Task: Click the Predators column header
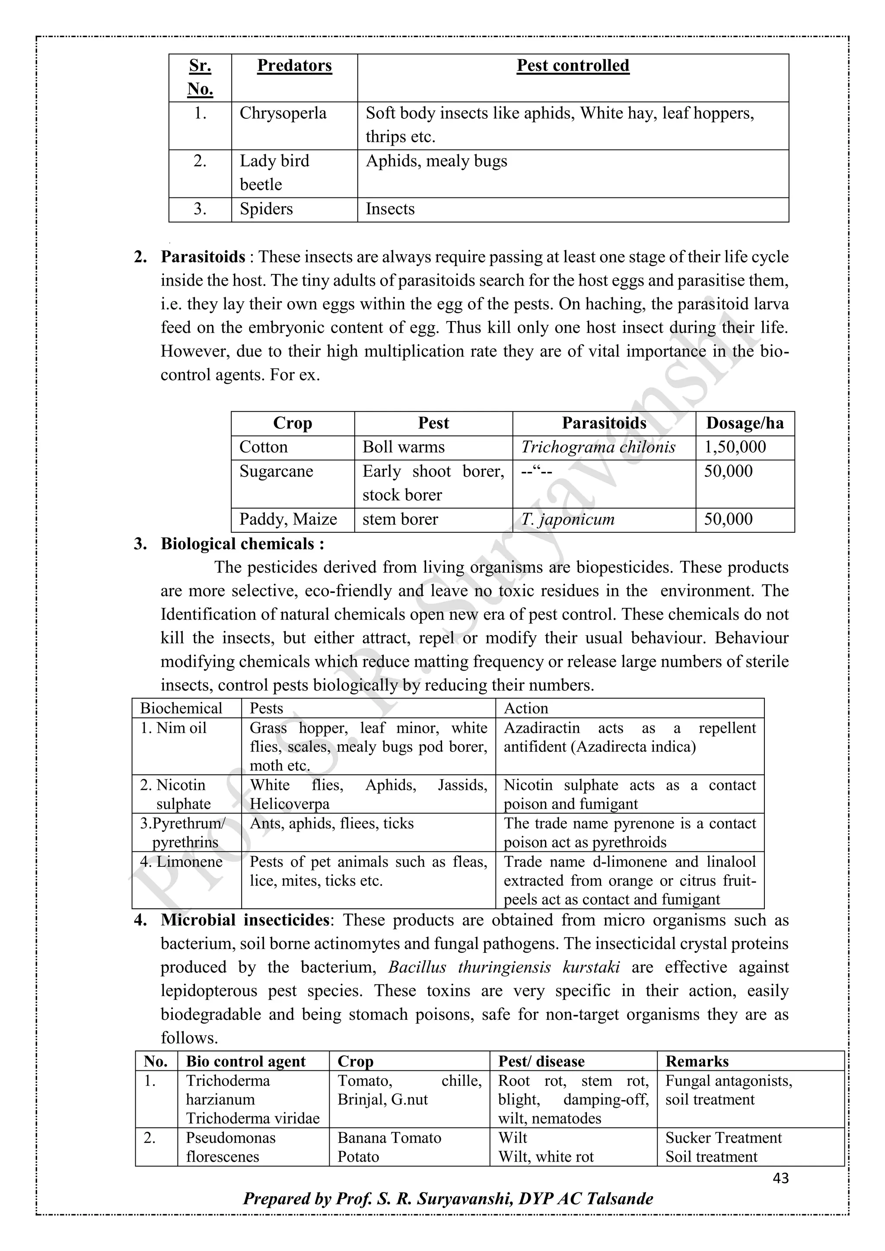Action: tap(294, 66)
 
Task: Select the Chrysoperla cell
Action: tap(283, 113)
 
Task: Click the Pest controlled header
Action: tap(573, 66)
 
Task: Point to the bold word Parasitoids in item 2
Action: tap(203, 257)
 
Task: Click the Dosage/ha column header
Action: tap(745, 423)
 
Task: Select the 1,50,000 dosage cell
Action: tap(735, 447)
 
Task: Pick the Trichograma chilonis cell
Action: tap(598, 447)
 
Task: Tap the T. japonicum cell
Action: tap(567, 519)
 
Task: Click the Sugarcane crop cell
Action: tap(276, 471)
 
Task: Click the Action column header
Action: tap(526, 708)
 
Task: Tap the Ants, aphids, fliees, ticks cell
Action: tap(331, 823)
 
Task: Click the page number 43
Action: tap(780, 1178)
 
